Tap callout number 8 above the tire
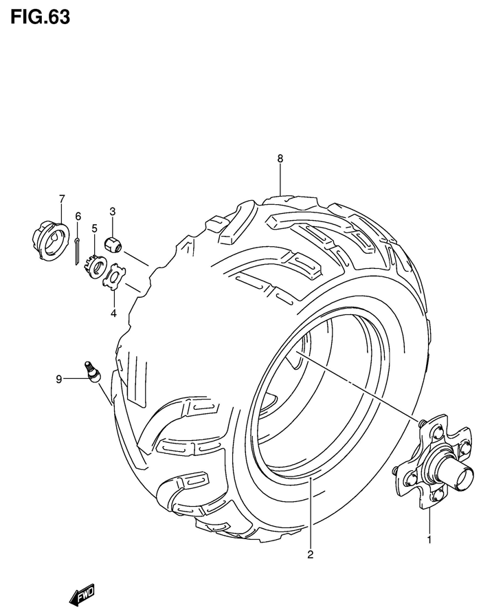(280, 159)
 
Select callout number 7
(62, 199)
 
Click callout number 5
(95, 228)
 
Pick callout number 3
(112, 211)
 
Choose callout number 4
(114, 295)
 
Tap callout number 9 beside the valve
(59, 378)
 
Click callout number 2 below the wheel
(310, 554)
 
